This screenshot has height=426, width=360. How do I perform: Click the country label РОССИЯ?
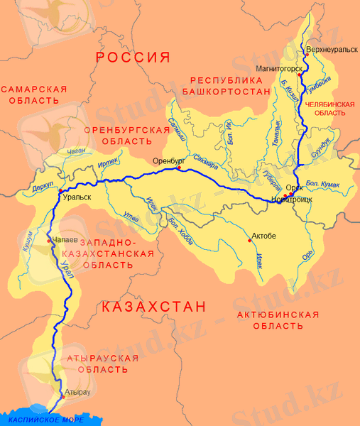(133, 58)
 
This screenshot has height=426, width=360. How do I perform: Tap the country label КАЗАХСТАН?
(153, 307)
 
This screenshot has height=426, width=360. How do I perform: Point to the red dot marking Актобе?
(249, 240)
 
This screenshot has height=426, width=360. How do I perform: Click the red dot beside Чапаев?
(49, 240)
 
